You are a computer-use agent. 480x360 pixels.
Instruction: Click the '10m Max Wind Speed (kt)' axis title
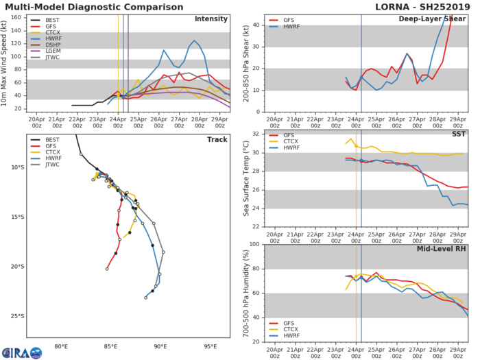(6, 62)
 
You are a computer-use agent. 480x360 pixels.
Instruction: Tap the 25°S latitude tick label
(17, 316)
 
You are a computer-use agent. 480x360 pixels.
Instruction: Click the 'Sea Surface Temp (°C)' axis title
(245, 178)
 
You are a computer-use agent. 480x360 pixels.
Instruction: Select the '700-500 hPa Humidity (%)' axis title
(245, 293)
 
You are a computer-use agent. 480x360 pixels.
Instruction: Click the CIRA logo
(21, 352)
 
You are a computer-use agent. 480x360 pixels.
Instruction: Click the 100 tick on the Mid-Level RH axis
(253, 244)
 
